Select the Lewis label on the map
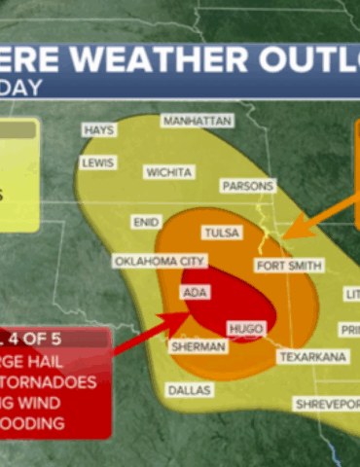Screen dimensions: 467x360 point(98,163)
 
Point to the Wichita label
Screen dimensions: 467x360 point(168,172)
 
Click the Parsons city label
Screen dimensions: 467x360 point(248,186)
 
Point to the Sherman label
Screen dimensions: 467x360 point(192,346)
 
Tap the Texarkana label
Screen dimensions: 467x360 point(312,358)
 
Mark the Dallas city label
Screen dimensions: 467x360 point(191,389)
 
